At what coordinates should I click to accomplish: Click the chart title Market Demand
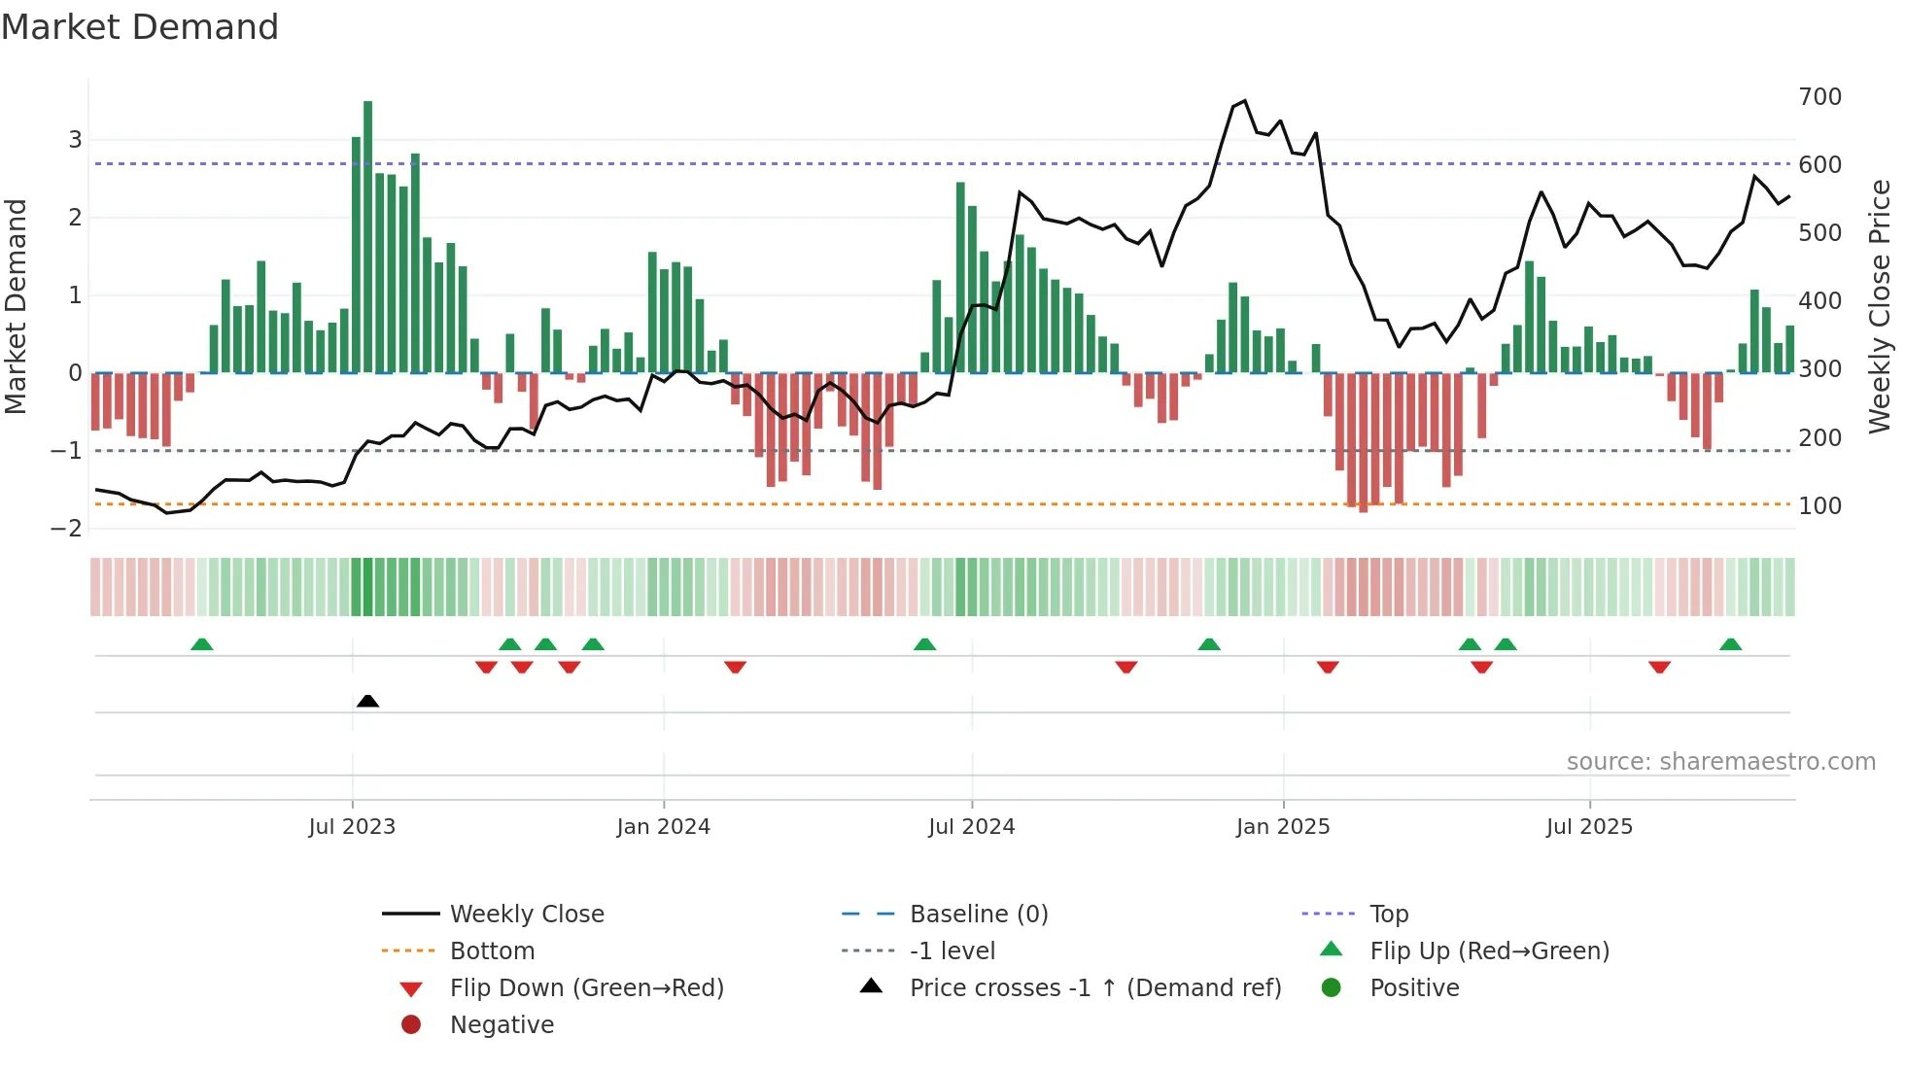[x=140, y=27]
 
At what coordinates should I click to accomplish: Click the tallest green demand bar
[x=367, y=236]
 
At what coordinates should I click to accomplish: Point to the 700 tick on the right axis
[x=1819, y=97]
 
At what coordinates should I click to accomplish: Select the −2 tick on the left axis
[x=67, y=528]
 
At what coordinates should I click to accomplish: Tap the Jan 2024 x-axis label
[x=663, y=827]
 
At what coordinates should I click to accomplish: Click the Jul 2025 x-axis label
[x=1589, y=827]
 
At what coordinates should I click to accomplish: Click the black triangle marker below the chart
[x=367, y=701]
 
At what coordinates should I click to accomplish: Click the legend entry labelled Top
[x=1389, y=914]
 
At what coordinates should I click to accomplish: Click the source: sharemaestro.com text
[x=1720, y=762]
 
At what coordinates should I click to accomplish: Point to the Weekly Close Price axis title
[x=1880, y=306]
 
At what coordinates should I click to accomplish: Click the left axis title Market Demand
[x=17, y=306]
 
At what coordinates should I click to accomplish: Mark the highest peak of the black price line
[x=1245, y=101]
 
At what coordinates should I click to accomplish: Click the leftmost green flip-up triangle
[x=201, y=644]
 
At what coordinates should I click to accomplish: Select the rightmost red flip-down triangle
[x=1659, y=667]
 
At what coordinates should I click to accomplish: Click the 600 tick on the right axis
[x=1819, y=165]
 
